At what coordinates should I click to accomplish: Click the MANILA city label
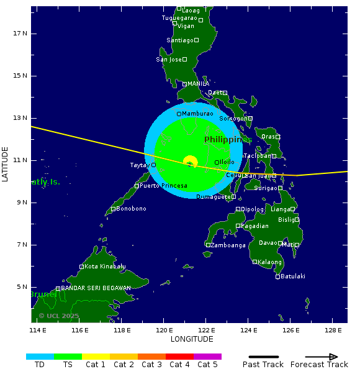pos(198,84)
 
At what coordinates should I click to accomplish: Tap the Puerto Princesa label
pos(163,186)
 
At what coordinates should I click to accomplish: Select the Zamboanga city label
pos(228,245)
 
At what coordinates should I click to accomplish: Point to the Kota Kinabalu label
pos(105,267)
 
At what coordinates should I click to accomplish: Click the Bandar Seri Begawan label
pos(96,288)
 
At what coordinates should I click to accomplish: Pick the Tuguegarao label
pos(179,18)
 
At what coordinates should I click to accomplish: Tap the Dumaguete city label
pos(214,197)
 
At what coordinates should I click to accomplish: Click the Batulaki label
pos(293,276)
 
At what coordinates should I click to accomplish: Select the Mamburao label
pos(197,114)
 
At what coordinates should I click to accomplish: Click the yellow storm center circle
pos(191,162)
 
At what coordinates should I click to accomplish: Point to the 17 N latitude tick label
pos(20,34)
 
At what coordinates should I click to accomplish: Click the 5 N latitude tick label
pos(20,287)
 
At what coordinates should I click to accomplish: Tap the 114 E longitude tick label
pos(38,330)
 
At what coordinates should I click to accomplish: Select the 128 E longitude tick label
pos(333,330)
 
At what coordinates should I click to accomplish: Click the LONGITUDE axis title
pos(192,339)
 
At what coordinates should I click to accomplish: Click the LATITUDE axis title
pos(6,164)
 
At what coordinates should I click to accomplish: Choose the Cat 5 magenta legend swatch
pos(207,357)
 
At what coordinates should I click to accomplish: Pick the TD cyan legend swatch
pos(40,357)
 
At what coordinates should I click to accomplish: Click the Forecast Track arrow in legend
pos(322,357)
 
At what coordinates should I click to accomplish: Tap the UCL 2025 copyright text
pos(59,316)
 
